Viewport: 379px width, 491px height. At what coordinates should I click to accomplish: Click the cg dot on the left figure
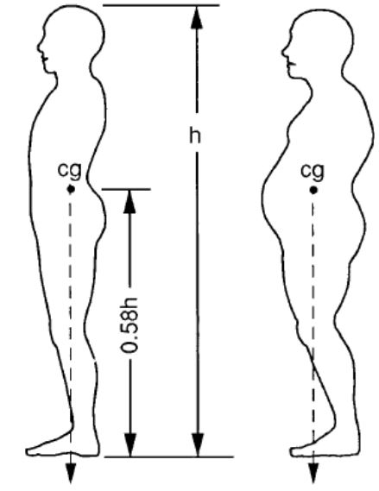pyautogui.click(x=71, y=189)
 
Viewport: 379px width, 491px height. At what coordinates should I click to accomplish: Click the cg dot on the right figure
pyautogui.click(x=313, y=190)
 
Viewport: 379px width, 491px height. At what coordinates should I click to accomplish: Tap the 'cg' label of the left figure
pyautogui.click(x=70, y=171)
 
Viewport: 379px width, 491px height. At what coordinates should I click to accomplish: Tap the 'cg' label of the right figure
pyautogui.click(x=313, y=172)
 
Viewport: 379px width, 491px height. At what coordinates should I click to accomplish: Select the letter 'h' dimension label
pyautogui.click(x=195, y=135)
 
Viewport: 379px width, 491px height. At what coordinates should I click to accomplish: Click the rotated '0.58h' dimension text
pyautogui.click(x=129, y=324)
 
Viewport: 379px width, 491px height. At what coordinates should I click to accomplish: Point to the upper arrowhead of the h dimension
pyautogui.click(x=196, y=17)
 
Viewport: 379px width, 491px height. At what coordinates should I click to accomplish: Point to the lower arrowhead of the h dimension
pyautogui.click(x=198, y=445)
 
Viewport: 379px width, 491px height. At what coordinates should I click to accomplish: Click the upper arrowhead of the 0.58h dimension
pyautogui.click(x=129, y=201)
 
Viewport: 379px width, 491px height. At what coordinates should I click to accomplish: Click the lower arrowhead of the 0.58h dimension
pyautogui.click(x=130, y=445)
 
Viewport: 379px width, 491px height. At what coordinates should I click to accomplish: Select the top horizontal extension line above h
pyautogui.click(x=161, y=5)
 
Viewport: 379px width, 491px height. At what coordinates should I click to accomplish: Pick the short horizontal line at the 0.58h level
pyautogui.click(x=126, y=189)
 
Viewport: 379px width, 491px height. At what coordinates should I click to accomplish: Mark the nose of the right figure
pyautogui.click(x=283, y=52)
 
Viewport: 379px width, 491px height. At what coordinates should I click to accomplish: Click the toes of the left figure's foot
pyautogui.click(x=29, y=451)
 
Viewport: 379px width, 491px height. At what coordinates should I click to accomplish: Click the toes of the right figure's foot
pyautogui.click(x=294, y=451)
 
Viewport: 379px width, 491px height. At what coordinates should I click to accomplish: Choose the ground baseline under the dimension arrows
pyautogui.click(x=169, y=456)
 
